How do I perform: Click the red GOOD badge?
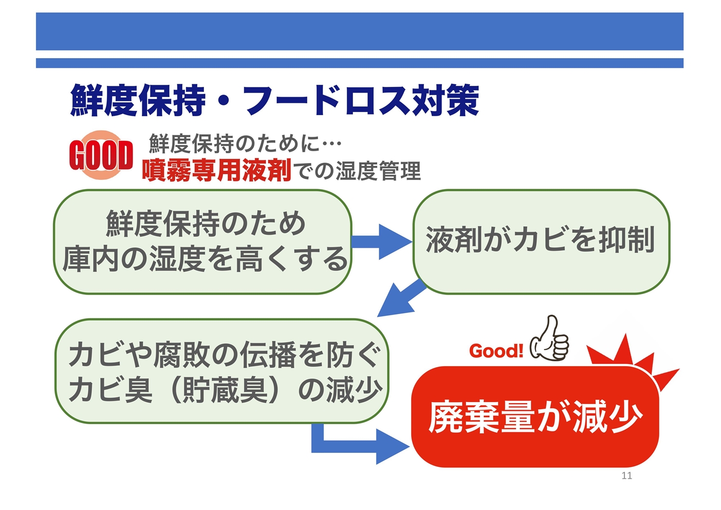[x=101, y=155]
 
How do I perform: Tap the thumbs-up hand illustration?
[x=549, y=338]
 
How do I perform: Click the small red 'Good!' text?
[x=496, y=351]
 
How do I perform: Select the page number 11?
[x=626, y=476]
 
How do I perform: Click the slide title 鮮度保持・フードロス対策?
[x=274, y=100]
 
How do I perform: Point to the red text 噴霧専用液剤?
[x=217, y=170]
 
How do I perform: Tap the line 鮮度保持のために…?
[x=245, y=143]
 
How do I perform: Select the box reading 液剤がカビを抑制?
[x=542, y=242]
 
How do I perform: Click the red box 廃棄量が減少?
[x=535, y=416]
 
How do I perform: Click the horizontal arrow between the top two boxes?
[x=382, y=242]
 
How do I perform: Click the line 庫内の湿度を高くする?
[x=206, y=259]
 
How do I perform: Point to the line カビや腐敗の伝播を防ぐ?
[x=225, y=355]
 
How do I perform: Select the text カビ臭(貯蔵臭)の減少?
[x=225, y=390]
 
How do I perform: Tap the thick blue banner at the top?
[x=360, y=31]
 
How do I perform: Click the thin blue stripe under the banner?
[x=360, y=63]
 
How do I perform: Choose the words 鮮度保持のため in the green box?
[x=206, y=223]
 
